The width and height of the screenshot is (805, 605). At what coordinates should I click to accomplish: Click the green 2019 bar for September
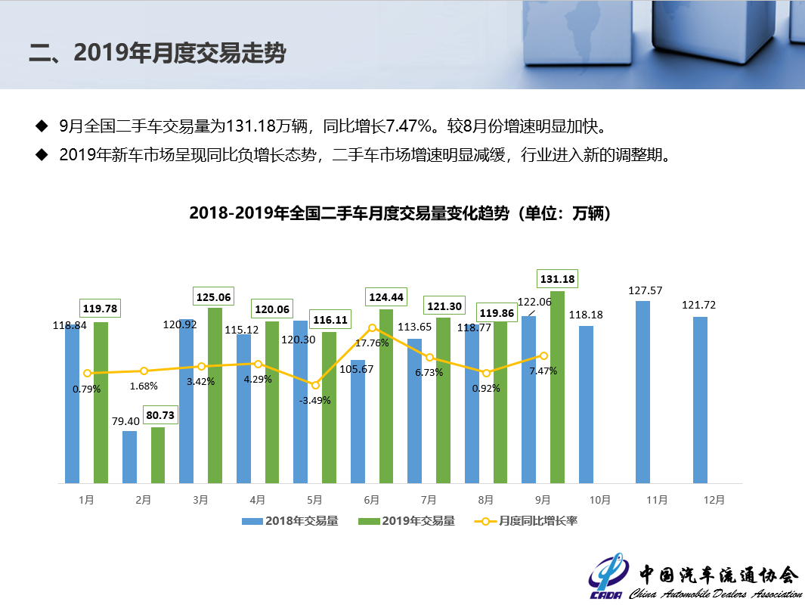557,387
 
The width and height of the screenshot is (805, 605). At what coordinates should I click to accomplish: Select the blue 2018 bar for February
129,457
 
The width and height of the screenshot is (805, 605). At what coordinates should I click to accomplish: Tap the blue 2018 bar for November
642,392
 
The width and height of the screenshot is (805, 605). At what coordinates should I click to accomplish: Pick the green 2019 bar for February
158,455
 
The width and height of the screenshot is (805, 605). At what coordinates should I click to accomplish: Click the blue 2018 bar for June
358,421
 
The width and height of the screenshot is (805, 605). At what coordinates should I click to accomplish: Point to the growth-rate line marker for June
373,327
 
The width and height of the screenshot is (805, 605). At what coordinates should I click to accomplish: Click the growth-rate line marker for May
315,386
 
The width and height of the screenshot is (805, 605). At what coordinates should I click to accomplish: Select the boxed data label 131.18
557,279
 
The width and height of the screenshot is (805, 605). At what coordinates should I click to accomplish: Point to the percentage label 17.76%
372,343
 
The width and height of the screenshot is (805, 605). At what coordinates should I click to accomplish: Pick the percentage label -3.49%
315,400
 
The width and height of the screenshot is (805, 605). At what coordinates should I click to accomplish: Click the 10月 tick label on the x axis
599,500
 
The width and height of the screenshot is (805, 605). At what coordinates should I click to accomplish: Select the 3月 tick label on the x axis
200,500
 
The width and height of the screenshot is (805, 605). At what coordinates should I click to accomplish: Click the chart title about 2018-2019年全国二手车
400,213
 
